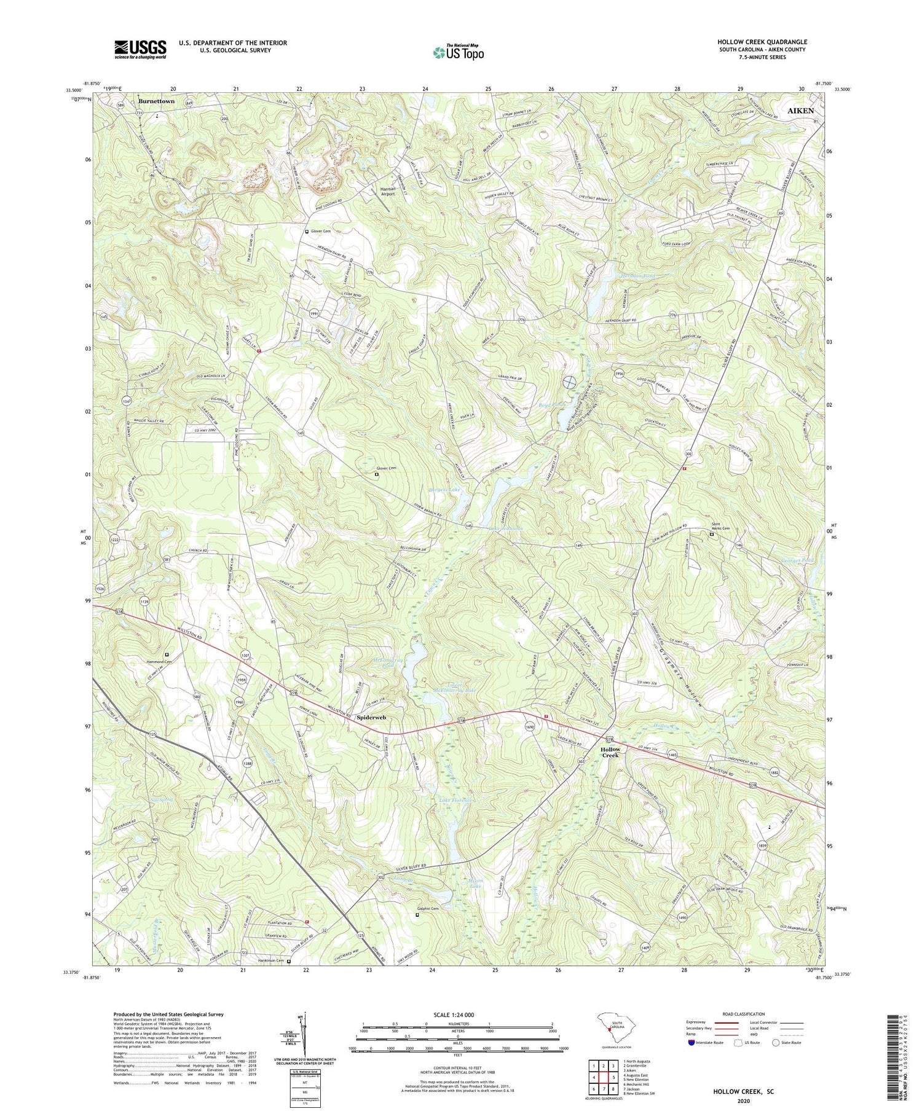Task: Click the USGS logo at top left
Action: coord(140,49)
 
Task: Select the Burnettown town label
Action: coord(156,101)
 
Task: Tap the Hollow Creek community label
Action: coord(610,752)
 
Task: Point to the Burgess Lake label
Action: coord(444,490)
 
